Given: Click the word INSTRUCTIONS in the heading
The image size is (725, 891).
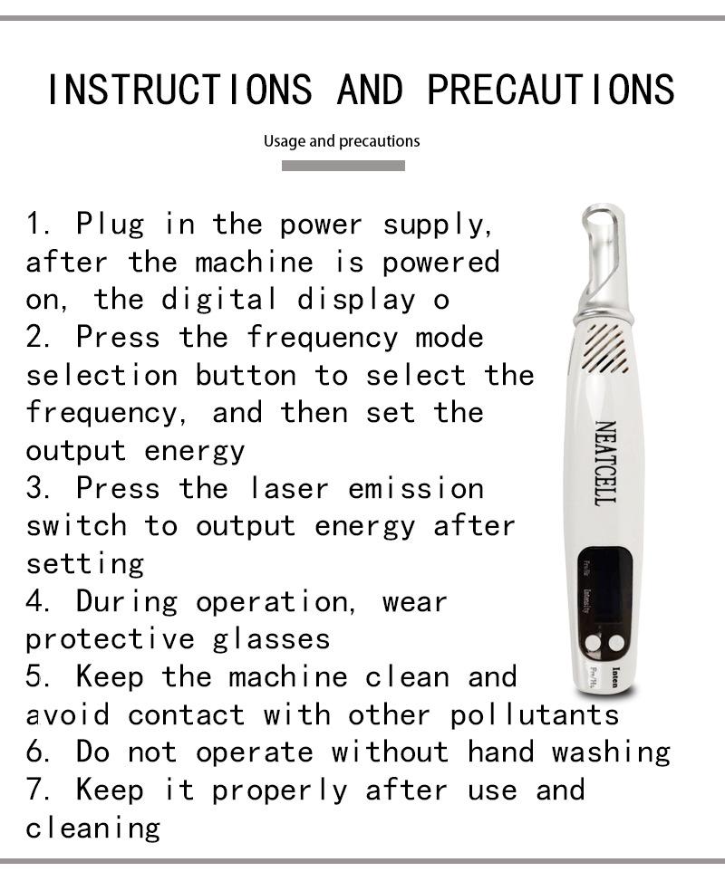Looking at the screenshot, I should point(179,90).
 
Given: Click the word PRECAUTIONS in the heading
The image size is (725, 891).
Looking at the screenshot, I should point(550,90).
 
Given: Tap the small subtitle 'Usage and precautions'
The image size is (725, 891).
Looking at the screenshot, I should point(342,141).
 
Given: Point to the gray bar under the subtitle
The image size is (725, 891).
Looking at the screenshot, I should point(343,166).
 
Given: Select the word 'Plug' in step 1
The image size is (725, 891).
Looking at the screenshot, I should point(110,224).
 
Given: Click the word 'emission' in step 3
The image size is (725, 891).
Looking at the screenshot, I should point(416,488).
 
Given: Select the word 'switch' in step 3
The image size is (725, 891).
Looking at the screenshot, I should point(76,526).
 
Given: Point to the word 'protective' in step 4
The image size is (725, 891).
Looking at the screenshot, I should point(110,639).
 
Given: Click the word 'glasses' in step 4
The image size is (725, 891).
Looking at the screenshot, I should point(272,639).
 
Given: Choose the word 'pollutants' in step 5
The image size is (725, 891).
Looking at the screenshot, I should point(535,715).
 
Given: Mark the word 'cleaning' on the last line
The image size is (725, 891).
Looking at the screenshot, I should point(92,828).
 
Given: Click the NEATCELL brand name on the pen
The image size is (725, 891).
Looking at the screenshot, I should point(604,462).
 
